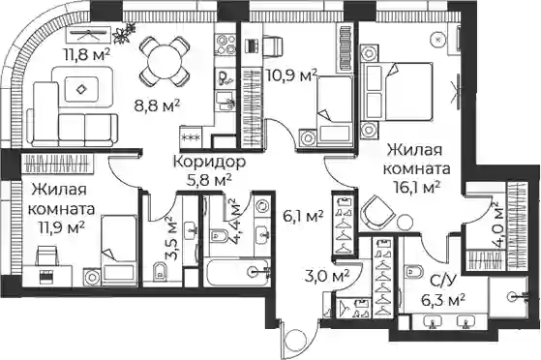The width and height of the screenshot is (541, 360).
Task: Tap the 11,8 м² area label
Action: click(x=86, y=54)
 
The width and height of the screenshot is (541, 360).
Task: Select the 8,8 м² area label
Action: click(x=157, y=105)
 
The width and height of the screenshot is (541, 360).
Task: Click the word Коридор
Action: click(x=209, y=162)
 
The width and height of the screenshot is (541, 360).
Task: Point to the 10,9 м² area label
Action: click(x=291, y=75)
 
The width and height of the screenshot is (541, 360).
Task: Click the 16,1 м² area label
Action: click(x=417, y=188)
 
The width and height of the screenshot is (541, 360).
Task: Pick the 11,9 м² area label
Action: click(x=62, y=227)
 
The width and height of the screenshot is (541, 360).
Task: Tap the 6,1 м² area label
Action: click(x=302, y=217)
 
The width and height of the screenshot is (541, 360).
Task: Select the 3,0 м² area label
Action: click(x=327, y=276)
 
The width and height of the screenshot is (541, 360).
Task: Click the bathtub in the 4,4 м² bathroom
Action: click(x=237, y=272)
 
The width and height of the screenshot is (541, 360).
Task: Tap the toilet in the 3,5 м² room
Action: click(x=159, y=272)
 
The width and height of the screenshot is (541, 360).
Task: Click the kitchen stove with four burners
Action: click(x=225, y=45)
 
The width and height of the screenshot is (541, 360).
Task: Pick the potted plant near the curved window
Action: click(x=123, y=33)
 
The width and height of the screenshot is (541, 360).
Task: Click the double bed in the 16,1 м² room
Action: click(x=397, y=92)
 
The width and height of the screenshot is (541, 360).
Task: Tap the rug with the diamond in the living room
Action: click(x=82, y=89)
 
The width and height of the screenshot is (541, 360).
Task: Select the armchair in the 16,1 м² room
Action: click(x=377, y=212)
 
